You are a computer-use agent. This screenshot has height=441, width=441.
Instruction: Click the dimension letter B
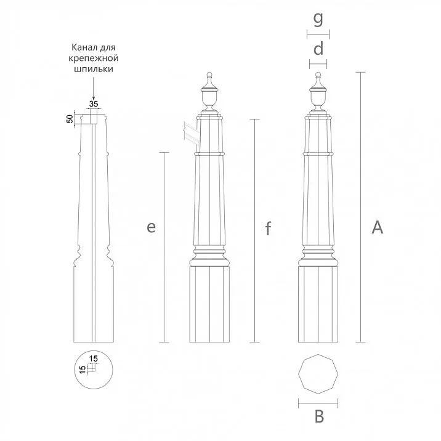318,417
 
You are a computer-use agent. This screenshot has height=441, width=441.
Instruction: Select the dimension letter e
151,227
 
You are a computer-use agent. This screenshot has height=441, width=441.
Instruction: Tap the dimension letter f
268,229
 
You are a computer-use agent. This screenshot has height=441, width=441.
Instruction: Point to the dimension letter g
318,19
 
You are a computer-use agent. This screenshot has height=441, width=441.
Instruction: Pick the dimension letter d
318,49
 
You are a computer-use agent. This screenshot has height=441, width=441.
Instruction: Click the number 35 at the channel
94,103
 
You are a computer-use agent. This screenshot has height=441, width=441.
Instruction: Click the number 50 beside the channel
70,118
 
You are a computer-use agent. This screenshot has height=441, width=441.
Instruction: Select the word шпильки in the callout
92,70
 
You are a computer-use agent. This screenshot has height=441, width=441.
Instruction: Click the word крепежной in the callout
92,59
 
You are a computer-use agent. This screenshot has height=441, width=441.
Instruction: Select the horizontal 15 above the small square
94,358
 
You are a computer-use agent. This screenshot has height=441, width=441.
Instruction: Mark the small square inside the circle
91,368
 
